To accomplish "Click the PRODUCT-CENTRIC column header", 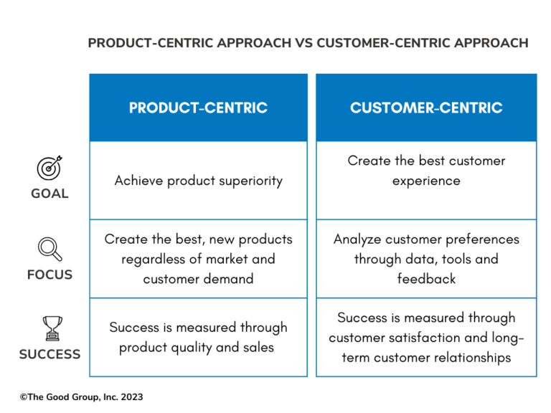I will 198,108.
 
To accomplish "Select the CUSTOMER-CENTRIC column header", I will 426,108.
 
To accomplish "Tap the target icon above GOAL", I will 50,168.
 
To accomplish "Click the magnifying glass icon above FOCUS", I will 49,250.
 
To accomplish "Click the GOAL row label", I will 50,194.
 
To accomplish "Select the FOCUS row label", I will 50,275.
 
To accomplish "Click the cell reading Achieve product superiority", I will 198,181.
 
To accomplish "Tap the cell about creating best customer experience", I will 426,171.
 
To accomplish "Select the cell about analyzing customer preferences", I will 426,259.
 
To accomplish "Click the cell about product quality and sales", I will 198,337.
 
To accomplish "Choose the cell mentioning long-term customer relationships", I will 426,337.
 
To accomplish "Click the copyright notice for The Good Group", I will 82,397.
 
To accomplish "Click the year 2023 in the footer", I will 131,397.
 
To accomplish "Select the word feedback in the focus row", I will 426,279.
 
